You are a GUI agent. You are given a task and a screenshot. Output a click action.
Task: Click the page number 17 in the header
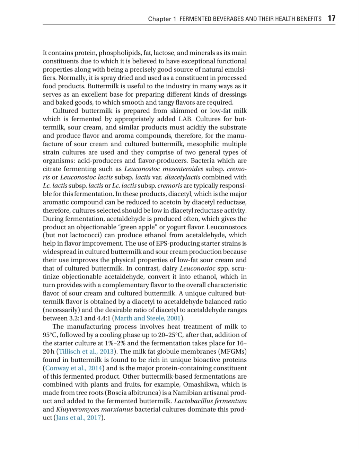click(331, 18)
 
